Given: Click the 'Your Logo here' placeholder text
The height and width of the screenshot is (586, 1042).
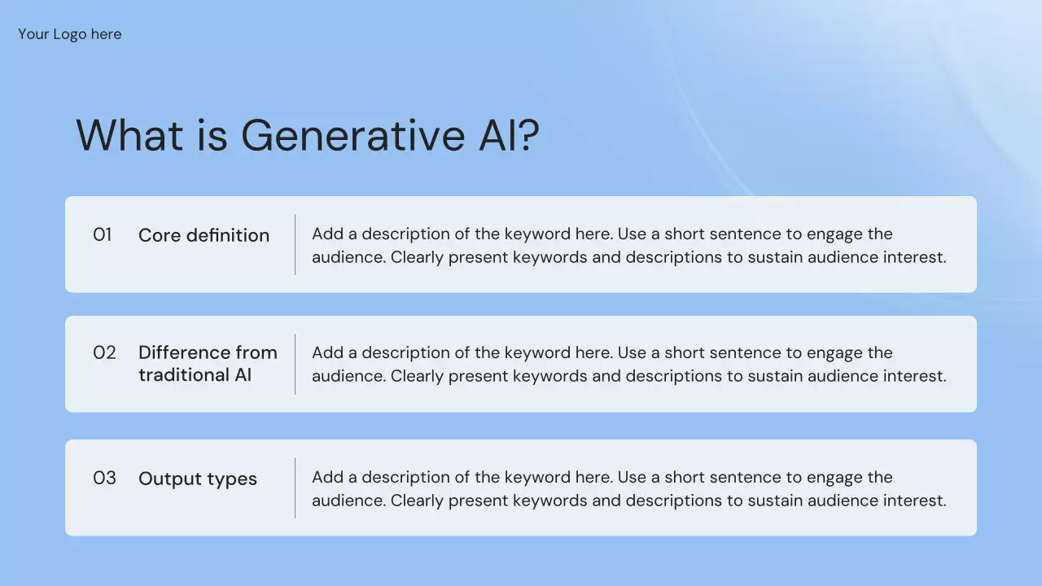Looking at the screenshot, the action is tap(70, 34).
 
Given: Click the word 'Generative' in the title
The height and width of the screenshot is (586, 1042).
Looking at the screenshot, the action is tap(353, 135).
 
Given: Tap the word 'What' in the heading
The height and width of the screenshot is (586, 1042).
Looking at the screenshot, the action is tap(129, 135).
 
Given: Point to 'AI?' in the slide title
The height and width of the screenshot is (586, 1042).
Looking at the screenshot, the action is tap(510, 135).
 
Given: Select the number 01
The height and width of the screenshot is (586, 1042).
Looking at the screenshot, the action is tap(103, 234).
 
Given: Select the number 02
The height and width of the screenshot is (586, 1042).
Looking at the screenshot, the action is tap(104, 352).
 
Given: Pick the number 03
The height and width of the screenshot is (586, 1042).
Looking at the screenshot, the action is tap(104, 478).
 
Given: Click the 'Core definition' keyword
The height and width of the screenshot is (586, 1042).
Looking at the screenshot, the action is tap(204, 235).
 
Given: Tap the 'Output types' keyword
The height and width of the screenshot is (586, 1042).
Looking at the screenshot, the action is tap(198, 479).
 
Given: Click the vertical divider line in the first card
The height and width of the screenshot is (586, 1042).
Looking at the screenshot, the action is tap(295, 245).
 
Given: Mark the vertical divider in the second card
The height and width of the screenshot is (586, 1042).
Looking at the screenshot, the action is tap(295, 364).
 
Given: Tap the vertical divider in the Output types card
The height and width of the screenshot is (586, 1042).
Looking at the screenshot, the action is tap(295, 488).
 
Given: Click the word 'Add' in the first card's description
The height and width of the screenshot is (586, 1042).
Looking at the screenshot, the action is tap(327, 234).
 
